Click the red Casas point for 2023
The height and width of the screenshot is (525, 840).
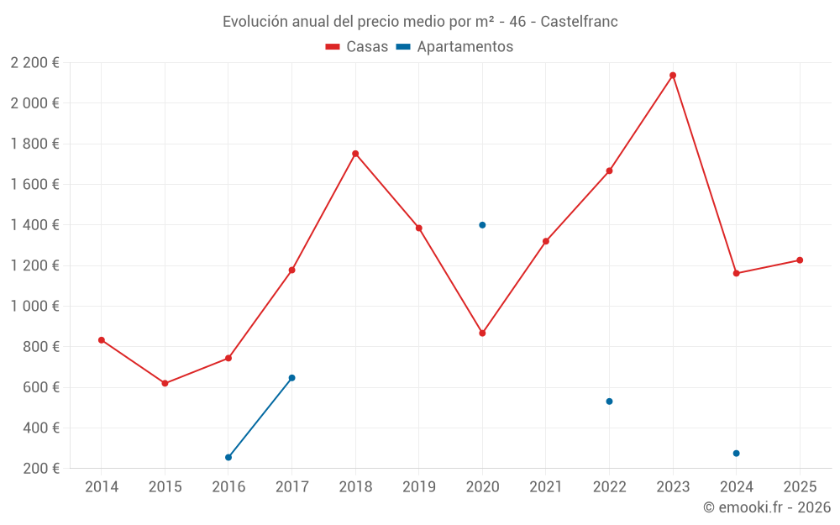[673, 76]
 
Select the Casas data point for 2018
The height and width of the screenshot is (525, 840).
[355, 154]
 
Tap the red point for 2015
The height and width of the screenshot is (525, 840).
[165, 383]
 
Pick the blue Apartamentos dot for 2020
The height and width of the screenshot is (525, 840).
[482, 225]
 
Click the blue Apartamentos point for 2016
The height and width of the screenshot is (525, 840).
[228, 457]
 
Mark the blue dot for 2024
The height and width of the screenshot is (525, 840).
[736, 454]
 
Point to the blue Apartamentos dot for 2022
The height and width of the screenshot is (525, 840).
[609, 402]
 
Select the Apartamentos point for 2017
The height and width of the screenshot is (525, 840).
[291, 378]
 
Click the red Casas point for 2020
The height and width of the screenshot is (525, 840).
[482, 333]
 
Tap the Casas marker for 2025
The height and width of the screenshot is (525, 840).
[800, 260]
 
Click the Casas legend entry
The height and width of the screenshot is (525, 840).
[357, 47]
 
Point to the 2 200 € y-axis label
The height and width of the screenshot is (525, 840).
[34, 63]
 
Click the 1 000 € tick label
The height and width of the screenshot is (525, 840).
[34, 307]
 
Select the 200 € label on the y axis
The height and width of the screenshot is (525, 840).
[40, 469]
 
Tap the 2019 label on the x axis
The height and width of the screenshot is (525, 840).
[418, 487]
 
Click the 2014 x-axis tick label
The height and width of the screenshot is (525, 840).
[102, 487]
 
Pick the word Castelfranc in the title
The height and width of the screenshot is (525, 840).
[579, 22]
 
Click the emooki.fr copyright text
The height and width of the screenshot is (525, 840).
[766, 507]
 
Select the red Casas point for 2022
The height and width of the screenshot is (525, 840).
[609, 171]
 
